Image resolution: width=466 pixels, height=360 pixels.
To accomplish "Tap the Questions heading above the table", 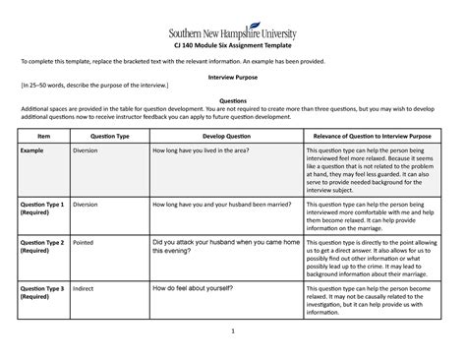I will [x=232, y=99].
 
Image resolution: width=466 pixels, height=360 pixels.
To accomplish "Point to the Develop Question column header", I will [x=213, y=135].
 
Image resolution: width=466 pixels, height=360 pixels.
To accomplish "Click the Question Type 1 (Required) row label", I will [x=42, y=208].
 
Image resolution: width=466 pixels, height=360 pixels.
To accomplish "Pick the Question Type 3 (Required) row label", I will [x=42, y=292].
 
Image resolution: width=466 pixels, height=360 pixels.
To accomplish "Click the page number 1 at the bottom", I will [x=233, y=343].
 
